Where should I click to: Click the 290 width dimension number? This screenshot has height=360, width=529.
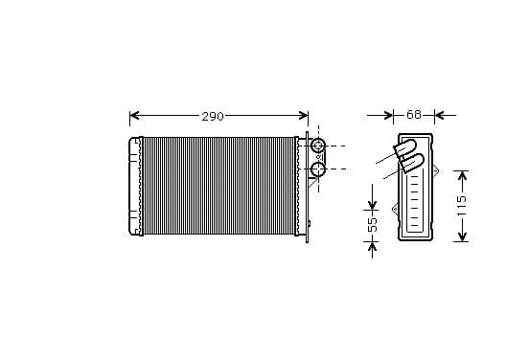[213, 116]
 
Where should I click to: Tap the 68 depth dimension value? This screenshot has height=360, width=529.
[414, 115]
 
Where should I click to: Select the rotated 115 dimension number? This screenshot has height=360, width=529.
[461, 205]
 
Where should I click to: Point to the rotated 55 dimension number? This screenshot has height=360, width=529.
[373, 224]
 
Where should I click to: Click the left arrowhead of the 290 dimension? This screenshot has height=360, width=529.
[134, 115]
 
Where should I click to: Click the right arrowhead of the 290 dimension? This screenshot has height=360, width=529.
[303, 115]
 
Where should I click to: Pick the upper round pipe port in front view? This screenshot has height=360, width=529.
[317, 146]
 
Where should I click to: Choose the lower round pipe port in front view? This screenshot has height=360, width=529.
[317, 169]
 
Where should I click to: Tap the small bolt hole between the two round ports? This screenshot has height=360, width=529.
[318, 157]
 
